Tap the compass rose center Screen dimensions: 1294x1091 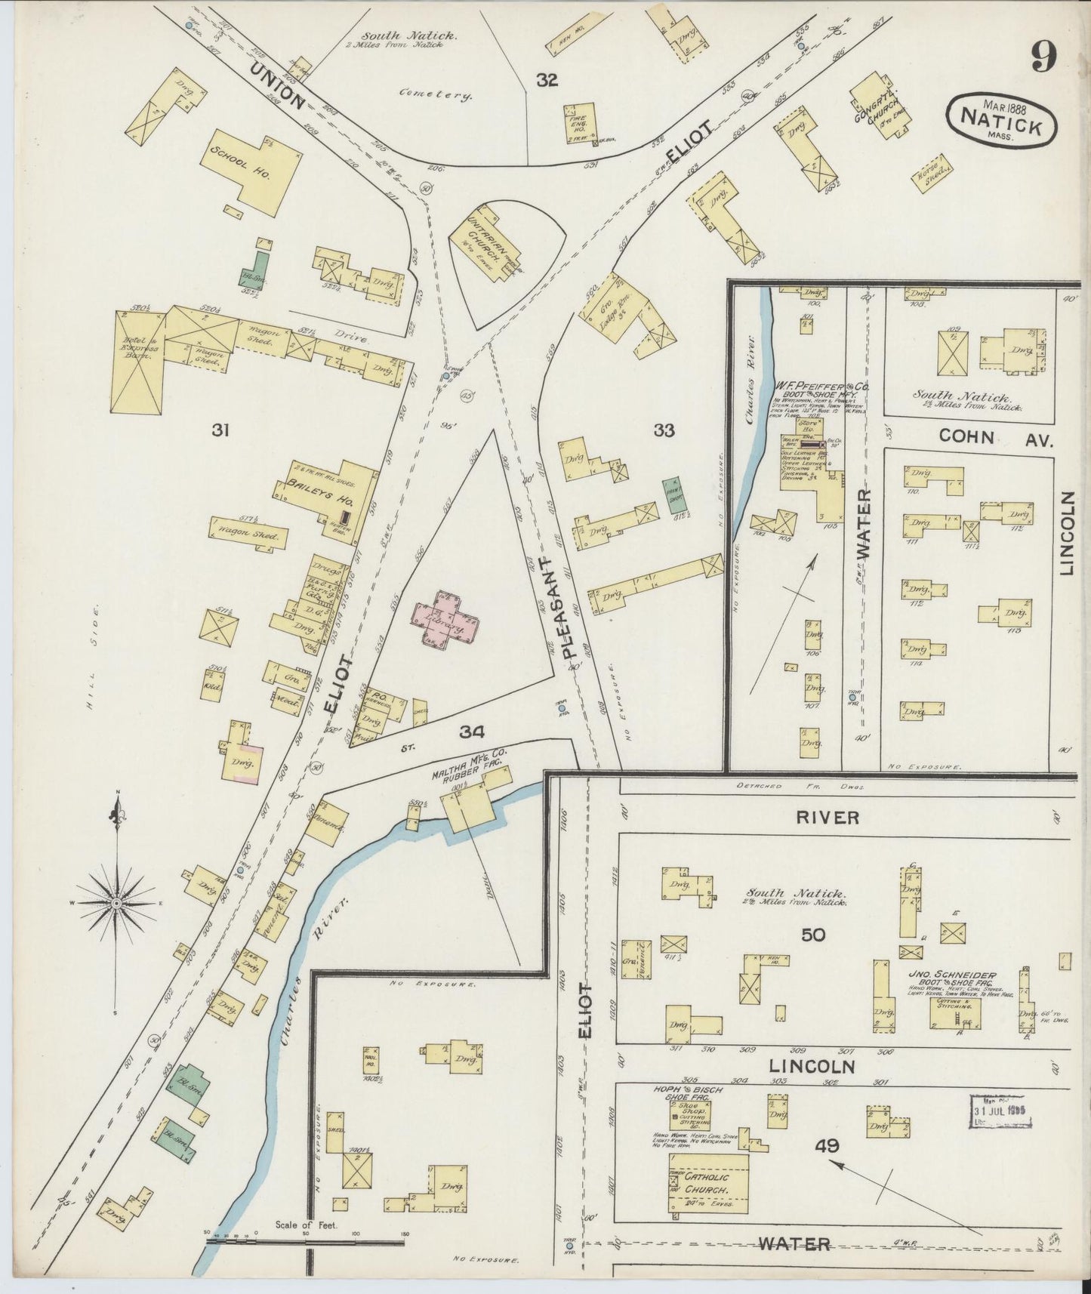[116, 903]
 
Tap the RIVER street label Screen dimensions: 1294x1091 [827, 817]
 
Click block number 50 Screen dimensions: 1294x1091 [812, 934]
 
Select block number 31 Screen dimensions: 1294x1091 [220, 430]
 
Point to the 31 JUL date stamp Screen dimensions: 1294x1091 [1001, 1112]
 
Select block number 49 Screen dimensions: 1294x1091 [827, 1145]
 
